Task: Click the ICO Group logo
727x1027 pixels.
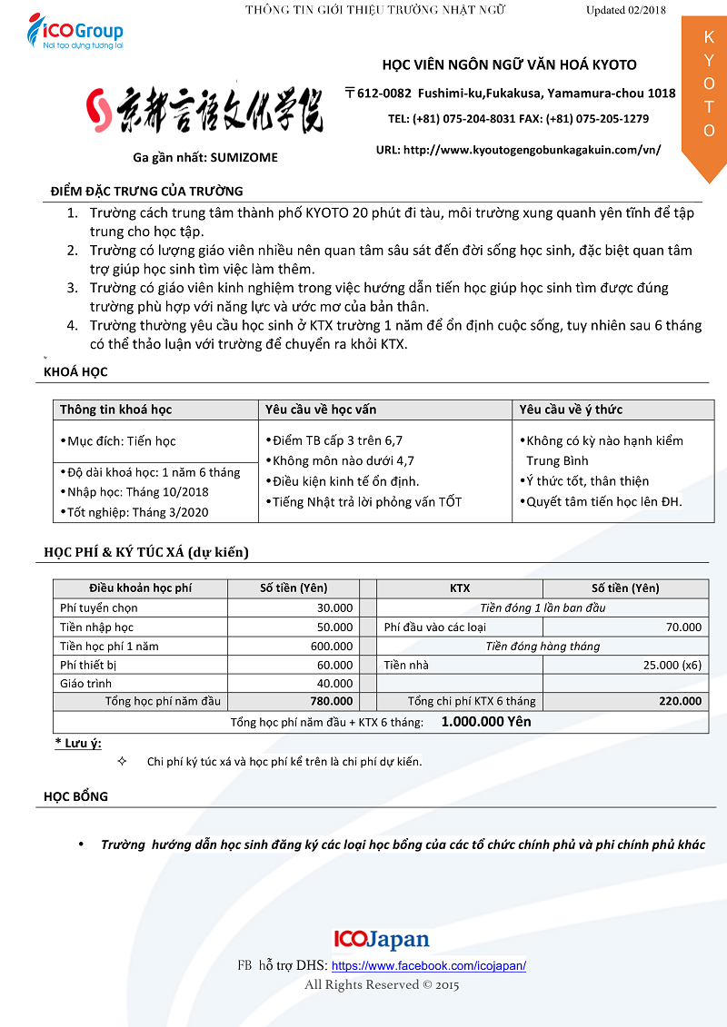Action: click(x=75, y=35)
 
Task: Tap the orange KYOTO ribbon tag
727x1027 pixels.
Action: click(x=704, y=91)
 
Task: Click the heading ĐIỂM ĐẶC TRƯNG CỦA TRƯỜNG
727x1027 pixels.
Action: click(x=147, y=191)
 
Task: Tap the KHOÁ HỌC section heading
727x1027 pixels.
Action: click(x=75, y=372)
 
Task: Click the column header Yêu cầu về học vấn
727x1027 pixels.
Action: click(x=320, y=410)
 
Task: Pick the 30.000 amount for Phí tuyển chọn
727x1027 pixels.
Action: click(x=334, y=607)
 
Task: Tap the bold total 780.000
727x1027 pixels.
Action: click(x=331, y=701)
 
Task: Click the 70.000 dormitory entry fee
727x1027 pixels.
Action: click(x=683, y=627)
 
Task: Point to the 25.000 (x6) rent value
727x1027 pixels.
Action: click(x=672, y=665)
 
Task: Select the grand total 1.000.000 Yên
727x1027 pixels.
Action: click(x=486, y=722)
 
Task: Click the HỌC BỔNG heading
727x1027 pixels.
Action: click(x=75, y=796)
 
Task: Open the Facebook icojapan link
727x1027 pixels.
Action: click(x=429, y=966)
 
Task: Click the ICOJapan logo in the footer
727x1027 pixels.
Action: click(x=382, y=939)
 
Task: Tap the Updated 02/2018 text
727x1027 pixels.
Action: click(x=626, y=10)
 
